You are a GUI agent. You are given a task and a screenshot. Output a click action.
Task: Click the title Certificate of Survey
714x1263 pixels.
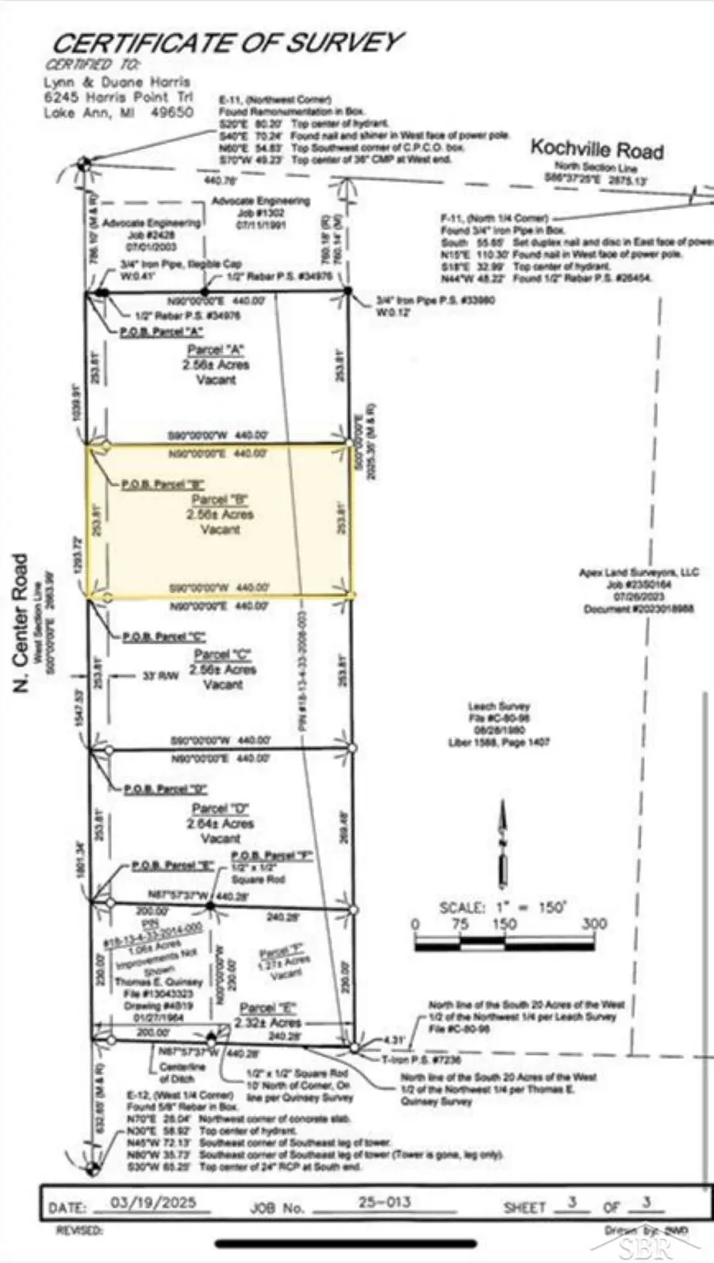coord(228,43)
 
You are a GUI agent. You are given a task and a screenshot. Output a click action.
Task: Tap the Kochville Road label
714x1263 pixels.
coord(597,148)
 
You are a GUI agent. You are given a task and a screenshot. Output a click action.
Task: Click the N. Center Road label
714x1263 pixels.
coord(21,622)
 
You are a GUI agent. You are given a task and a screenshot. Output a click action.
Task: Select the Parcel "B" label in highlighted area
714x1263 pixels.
coord(220,500)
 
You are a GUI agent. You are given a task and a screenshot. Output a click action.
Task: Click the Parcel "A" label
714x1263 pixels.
coord(216,350)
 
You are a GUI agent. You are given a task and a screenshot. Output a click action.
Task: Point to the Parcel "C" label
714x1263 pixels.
coord(222,655)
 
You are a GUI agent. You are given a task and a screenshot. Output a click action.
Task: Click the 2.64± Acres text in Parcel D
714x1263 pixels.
coord(221,824)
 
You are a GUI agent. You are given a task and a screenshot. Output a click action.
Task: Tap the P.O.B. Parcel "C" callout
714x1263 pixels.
coord(163,637)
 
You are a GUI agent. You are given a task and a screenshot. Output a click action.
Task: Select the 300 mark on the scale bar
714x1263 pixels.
coord(593,924)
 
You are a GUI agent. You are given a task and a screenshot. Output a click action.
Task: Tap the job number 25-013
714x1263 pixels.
coord(384,1202)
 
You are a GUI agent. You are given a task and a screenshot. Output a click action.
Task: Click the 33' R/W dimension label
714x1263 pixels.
coord(159,676)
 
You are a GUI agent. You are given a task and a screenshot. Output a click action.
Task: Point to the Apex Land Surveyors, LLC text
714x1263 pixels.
coord(639,572)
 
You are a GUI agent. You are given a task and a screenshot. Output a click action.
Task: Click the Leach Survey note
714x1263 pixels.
coord(498,706)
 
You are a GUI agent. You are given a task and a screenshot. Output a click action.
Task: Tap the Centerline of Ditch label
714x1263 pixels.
coord(182,1073)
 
